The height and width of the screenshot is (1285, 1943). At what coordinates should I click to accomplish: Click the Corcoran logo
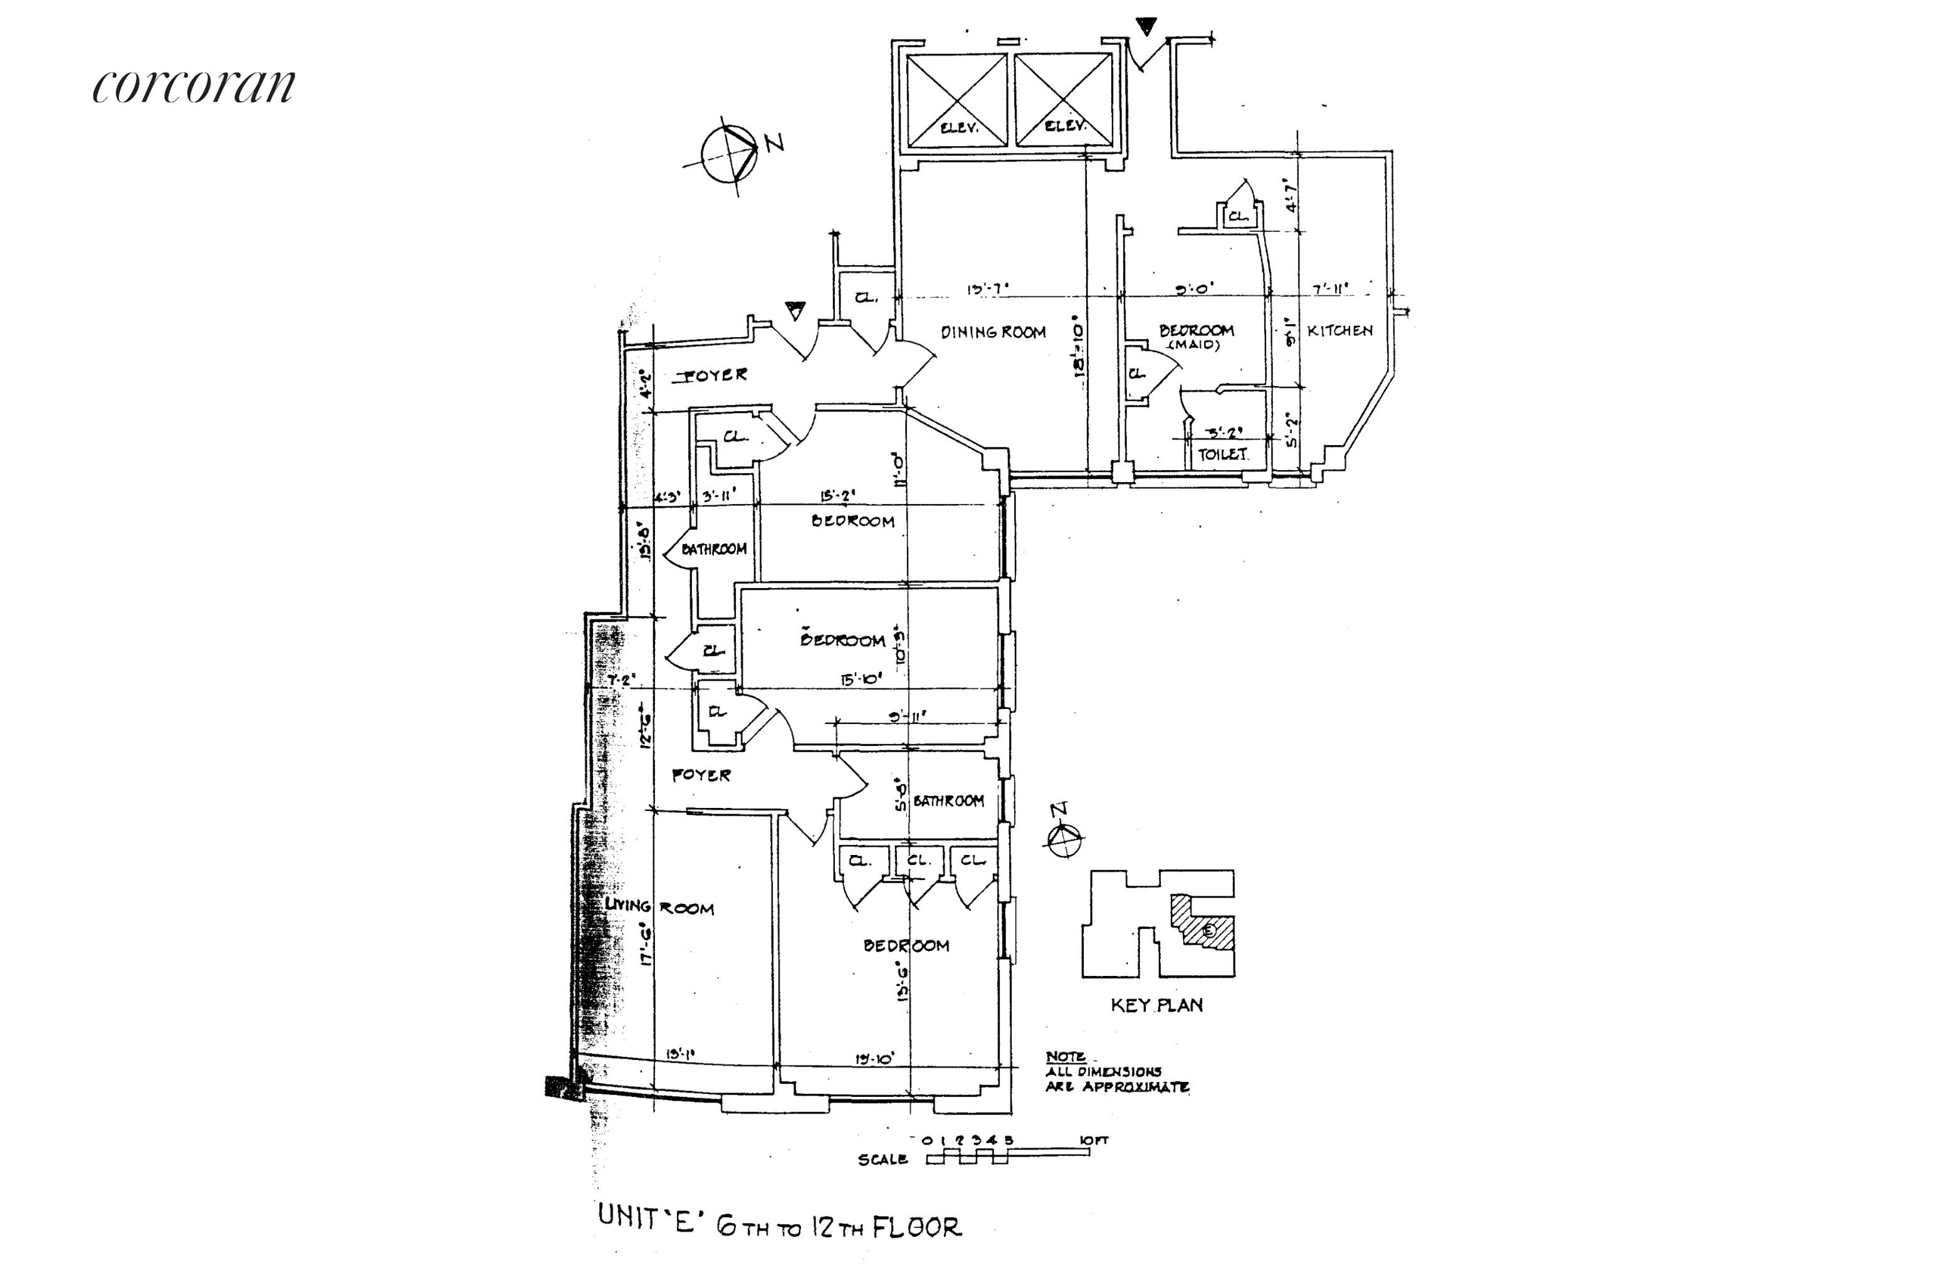pos(194,85)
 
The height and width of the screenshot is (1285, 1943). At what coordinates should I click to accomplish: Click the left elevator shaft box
pos(956,100)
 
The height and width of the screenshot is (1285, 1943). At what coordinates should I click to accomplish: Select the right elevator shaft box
pos(1064,100)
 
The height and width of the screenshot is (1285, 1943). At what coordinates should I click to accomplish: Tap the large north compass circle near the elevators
pos(728,155)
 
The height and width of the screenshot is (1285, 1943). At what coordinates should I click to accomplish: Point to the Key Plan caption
pos(1156,1005)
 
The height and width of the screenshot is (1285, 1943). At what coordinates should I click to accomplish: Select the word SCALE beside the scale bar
pos(882,1160)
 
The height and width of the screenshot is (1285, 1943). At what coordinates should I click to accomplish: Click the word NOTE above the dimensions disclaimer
pos(1066,1056)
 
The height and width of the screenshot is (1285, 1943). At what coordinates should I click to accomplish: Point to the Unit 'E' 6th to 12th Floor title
pos(779,1227)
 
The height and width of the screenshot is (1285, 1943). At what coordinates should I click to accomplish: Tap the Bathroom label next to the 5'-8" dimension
pos(948,800)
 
